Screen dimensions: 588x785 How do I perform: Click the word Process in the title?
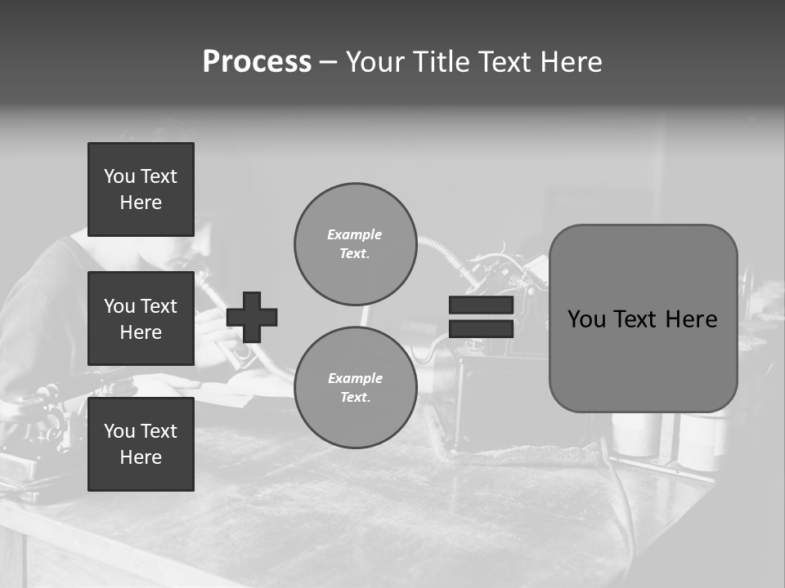[x=257, y=62]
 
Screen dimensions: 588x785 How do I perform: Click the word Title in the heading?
[x=439, y=62]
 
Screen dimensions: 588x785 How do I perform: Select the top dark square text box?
[x=141, y=189]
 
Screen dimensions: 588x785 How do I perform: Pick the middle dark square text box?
[x=141, y=318]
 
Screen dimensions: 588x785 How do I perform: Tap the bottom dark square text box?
[x=141, y=444]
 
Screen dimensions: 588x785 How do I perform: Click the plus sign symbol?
[x=252, y=317]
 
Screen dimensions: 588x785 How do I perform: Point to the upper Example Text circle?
[x=355, y=243]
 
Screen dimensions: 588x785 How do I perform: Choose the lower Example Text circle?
[x=355, y=387]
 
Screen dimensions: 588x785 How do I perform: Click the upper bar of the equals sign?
[x=481, y=305]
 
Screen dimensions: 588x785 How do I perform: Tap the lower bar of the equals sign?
[x=481, y=328]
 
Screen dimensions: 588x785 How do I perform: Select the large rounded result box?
[x=643, y=318]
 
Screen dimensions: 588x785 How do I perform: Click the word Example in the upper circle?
[x=354, y=234]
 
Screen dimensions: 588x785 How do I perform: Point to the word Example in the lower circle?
[x=355, y=378]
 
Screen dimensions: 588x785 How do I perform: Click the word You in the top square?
[x=119, y=176]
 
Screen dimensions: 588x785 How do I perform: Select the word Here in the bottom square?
[x=141, y=457]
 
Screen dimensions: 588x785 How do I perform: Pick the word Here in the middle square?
[x=141, y=332]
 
